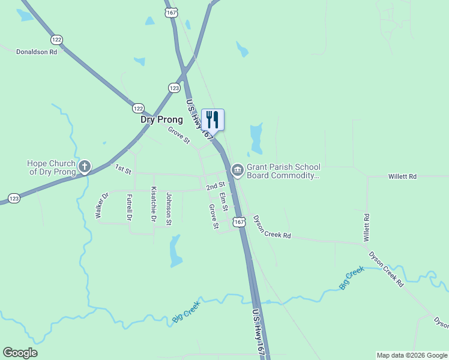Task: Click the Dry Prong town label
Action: pyautogui.click(x=161, y=119)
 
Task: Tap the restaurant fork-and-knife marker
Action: pyautogui.click(x=212, y=119)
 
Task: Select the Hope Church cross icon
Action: pyautogui.click(x=85, y=167)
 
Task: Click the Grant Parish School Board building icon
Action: pyautogui.click(x=237, y=170)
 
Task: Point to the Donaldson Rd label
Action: pyautogui.click(x=37, y=52)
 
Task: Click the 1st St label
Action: pyautogui.click(x=123, y=170)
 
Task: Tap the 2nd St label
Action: pyautogui.click(x=215, y=187)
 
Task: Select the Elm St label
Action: pyautogui.click(x=224, y=201)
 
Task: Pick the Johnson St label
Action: pyautogui.click(x=169, y=209)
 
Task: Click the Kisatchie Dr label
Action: pyautogui.click(x=154, y=205)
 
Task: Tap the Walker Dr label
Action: pyautogui.click(x=101, y=205)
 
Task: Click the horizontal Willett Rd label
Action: pyautogui.click(x=402, y=177)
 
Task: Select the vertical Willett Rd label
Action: pyautogui.click(x=366, y=227)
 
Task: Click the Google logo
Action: pyautogui.click(x=20, y=353)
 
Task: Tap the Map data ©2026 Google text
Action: pyautogui.click(x=411, y=355)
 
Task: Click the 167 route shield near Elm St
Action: pyautogui.click(x=240, y=222)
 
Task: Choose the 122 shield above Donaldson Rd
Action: pyautogui.click(x=57, y=40)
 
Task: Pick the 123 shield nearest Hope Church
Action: pyautogui.click(x=13, y=197)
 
